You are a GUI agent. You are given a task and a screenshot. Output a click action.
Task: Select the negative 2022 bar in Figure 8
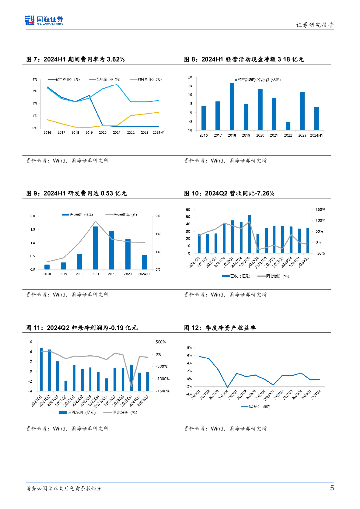(288, 125)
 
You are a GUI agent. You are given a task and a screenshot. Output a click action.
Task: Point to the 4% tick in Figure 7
(35, 80)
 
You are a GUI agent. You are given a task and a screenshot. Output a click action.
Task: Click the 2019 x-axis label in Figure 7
(89, 133)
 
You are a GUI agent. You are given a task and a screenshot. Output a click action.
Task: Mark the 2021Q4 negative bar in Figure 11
(66, 385)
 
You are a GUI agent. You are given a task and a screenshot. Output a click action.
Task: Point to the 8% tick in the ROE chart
(189, 347)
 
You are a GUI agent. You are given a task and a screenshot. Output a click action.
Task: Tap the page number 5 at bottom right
(332, 488)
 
